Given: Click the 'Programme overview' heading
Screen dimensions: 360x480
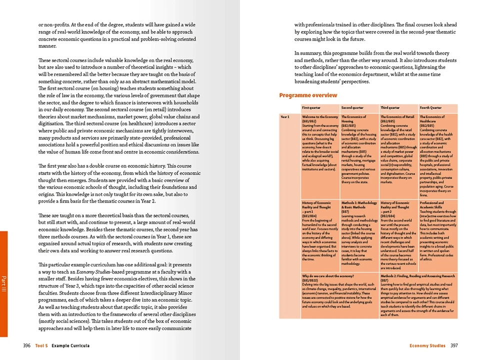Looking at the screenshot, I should tap(308, 95).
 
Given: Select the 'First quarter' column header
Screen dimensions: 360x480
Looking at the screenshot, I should tap(312, 107).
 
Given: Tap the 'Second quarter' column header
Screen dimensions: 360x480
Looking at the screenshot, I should tap(352, 107).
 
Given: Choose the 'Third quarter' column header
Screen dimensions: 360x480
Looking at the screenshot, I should tap(391, 107).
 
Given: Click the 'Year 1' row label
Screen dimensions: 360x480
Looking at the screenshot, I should tap(285, 117).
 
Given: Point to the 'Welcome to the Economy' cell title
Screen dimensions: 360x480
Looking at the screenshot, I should tap(320, 117).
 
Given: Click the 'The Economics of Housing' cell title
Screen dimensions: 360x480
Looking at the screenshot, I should tap(357, 119).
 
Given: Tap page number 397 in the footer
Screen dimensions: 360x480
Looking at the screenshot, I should tap(454, 345).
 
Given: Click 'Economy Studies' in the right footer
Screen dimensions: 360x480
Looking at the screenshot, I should tap(427, 345).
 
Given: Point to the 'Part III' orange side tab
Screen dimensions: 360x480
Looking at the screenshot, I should tap(3, 283).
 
